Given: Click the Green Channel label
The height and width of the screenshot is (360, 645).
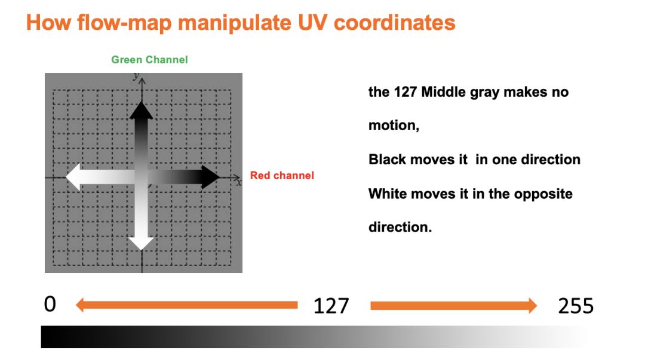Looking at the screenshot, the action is (149, 60).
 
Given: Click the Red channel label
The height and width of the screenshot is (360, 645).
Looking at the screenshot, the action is (282, 176).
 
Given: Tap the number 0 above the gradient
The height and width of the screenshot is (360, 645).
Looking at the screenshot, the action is (50, 304).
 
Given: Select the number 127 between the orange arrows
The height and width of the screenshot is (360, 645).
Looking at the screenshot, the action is (331, 306).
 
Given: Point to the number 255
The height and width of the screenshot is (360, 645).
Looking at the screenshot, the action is (576, 306).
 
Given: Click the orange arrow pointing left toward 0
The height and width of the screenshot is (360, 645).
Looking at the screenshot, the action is (187, 305).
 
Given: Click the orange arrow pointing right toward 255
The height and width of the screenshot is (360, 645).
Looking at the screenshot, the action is (454, 305).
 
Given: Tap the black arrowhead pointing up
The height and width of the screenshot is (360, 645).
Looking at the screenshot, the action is (141, 110).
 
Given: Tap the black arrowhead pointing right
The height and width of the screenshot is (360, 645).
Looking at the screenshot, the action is (210, 177).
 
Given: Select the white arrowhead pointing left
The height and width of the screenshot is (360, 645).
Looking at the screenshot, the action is (73, 177).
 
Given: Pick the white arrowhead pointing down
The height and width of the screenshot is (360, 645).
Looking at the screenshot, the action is (141, 244).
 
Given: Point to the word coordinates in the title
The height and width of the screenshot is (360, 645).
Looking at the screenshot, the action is (395, 23).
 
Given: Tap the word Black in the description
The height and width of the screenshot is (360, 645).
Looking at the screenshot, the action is (388, 159).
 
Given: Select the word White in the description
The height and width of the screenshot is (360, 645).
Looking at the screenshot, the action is (389, 193).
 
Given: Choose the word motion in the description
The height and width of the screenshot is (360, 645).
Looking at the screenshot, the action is (393, 125).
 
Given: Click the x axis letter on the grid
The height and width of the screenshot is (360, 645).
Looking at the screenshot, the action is (239, 182).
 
